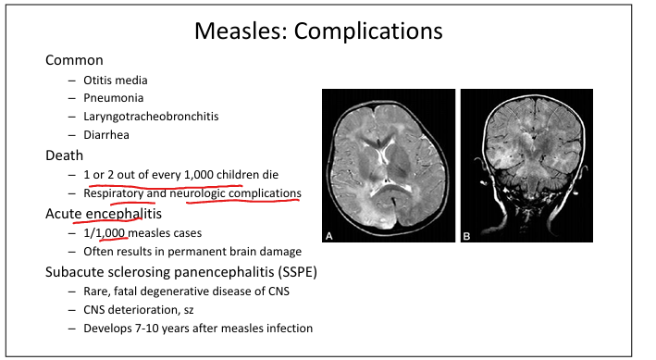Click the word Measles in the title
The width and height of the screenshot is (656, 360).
241,31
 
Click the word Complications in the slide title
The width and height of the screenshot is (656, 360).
368,31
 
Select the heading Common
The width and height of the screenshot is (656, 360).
74,60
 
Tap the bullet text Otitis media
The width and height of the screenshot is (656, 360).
116,80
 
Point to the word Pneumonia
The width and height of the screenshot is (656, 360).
114,98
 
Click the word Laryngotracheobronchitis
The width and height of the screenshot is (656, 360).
151,117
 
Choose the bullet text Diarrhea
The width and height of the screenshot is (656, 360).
106,135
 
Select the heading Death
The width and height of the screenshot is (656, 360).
64,155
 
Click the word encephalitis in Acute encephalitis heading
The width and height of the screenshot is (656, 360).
124,214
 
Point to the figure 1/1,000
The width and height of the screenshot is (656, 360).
105,233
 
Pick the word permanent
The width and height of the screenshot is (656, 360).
194,252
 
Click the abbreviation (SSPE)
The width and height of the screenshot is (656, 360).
297,272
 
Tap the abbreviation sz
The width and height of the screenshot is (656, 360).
188,310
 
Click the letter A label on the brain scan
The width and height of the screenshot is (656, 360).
329,237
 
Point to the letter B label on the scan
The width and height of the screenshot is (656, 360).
466,237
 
